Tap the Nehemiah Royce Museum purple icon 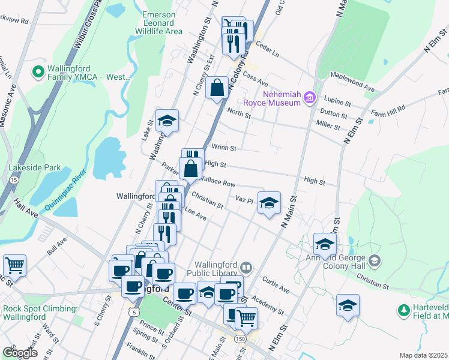point(310,97)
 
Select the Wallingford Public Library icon point(246,267)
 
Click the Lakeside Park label point(34,168)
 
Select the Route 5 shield point(133,312)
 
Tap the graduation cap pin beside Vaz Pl point(270,202)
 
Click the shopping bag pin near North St point(217,88)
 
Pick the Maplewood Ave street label point(353,82)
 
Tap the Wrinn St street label point(224,148)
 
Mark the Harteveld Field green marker point(404,310)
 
